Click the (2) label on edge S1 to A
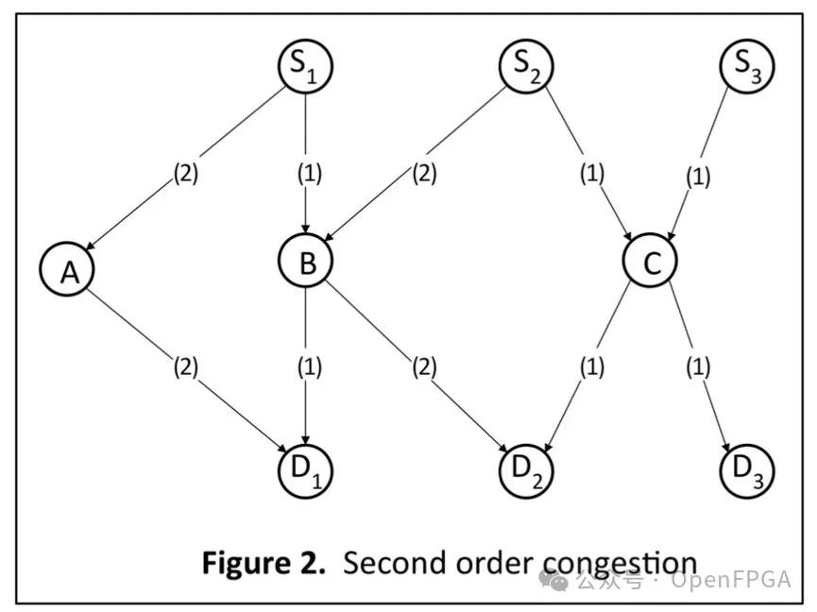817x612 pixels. click(186, 174)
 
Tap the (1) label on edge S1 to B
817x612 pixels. click(310, 174)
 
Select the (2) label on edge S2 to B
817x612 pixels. click(425, 174)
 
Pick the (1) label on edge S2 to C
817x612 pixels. click(592, 174)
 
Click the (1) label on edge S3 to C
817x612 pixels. click(698, 178)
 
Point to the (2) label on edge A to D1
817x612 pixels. click(186, 367)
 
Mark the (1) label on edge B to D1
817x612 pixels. click(310, 367)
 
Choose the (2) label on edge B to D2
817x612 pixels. click(425, 367)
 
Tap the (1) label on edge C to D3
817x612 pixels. click(698, 367)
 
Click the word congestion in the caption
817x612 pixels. click(619, 564)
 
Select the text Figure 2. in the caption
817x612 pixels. click(264, 563)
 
